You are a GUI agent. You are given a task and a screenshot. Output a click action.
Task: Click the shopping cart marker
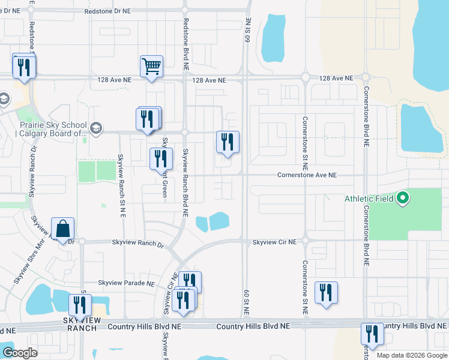(152, 66)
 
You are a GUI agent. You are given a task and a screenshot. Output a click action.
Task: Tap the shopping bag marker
(62, 228)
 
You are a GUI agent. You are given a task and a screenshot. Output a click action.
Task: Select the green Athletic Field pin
(403, 197)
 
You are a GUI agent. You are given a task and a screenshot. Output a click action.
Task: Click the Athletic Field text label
(369, 199)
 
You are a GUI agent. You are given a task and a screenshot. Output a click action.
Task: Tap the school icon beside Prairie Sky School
(95, 128)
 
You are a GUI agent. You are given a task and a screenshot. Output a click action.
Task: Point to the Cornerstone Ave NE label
(307, 175)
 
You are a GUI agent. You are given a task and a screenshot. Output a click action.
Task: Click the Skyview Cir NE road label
(274, 242)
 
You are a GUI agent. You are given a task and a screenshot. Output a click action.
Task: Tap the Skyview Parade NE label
(127, 283)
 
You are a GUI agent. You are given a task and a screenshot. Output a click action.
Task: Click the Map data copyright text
(412, 355)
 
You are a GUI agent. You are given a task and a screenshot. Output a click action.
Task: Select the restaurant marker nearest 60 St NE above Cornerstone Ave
(228, 142)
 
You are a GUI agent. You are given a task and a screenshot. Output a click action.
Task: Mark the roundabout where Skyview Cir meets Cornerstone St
(305, 241)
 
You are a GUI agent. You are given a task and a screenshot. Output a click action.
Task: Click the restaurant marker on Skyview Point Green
(160, 158)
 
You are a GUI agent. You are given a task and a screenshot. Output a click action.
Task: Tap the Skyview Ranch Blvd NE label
(185, 182)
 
